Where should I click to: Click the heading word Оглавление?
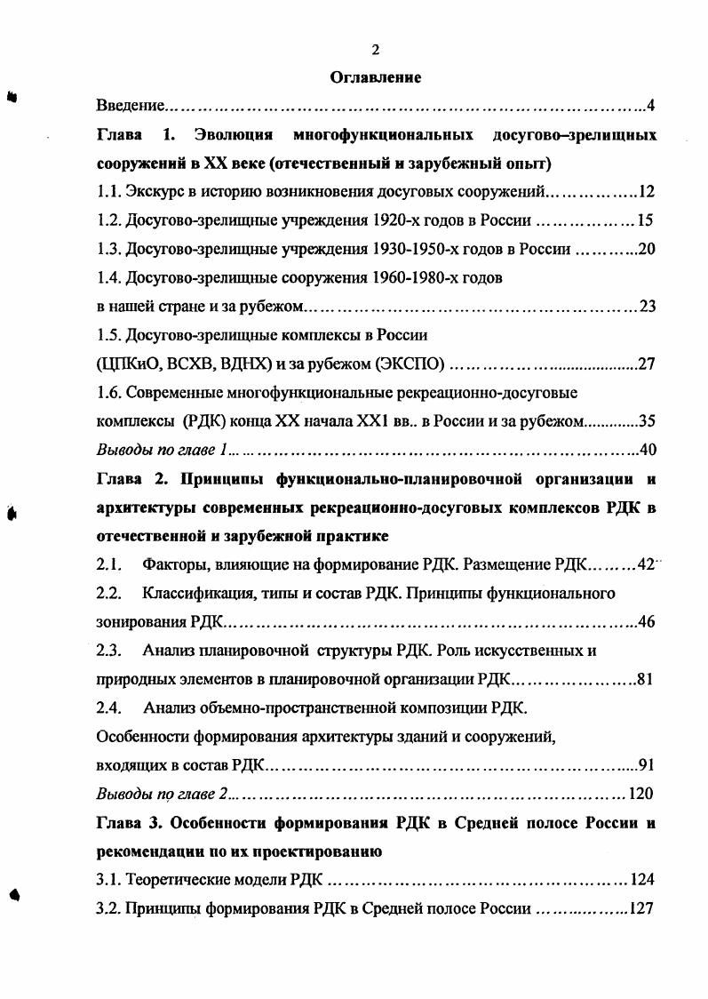[375, 77]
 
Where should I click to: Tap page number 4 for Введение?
[650, 107]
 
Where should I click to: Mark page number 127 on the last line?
[641, 909]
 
